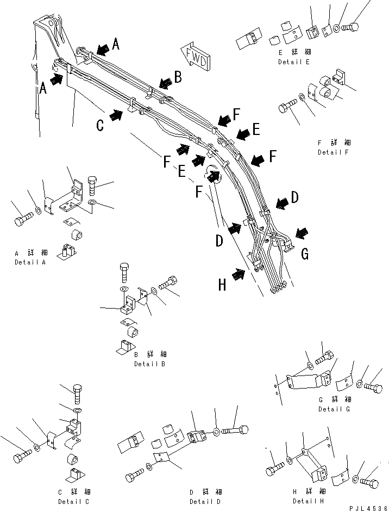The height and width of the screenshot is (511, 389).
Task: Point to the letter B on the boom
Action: coord(177,77)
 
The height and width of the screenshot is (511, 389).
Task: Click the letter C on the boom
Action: coord(100,125)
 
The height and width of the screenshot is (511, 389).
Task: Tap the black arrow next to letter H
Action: coord(238,275)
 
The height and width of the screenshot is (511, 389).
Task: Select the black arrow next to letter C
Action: coord(116,115)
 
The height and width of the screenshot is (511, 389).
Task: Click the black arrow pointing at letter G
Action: coord(302,232)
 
